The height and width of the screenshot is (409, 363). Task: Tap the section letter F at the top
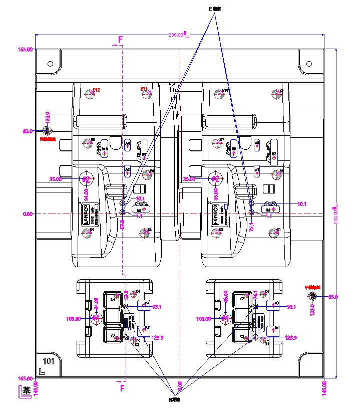120,39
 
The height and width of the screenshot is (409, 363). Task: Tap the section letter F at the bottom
121,387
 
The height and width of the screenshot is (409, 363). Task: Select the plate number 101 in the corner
49,361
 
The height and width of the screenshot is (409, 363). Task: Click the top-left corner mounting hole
50,64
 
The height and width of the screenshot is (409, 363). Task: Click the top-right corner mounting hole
309,64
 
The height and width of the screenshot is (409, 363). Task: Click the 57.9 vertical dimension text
122,225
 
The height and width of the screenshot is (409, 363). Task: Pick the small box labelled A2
128,170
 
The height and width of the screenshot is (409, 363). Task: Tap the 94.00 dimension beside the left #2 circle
86,193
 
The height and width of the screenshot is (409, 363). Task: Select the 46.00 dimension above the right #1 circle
225,296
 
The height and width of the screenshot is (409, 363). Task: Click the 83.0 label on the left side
28,131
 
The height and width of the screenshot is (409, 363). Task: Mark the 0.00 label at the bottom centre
180,386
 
